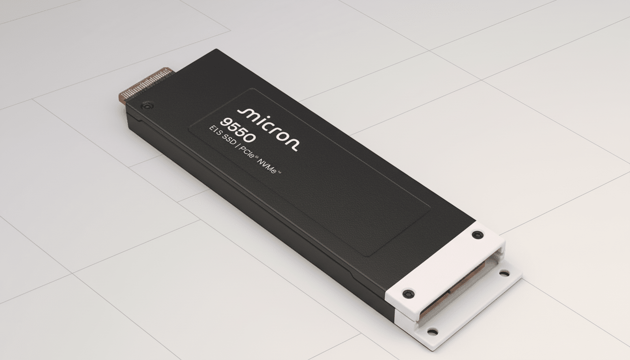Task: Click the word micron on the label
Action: pyautogui.click(x=267, y=128)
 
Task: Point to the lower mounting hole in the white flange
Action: pyautogui.click(x=432, y=332)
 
